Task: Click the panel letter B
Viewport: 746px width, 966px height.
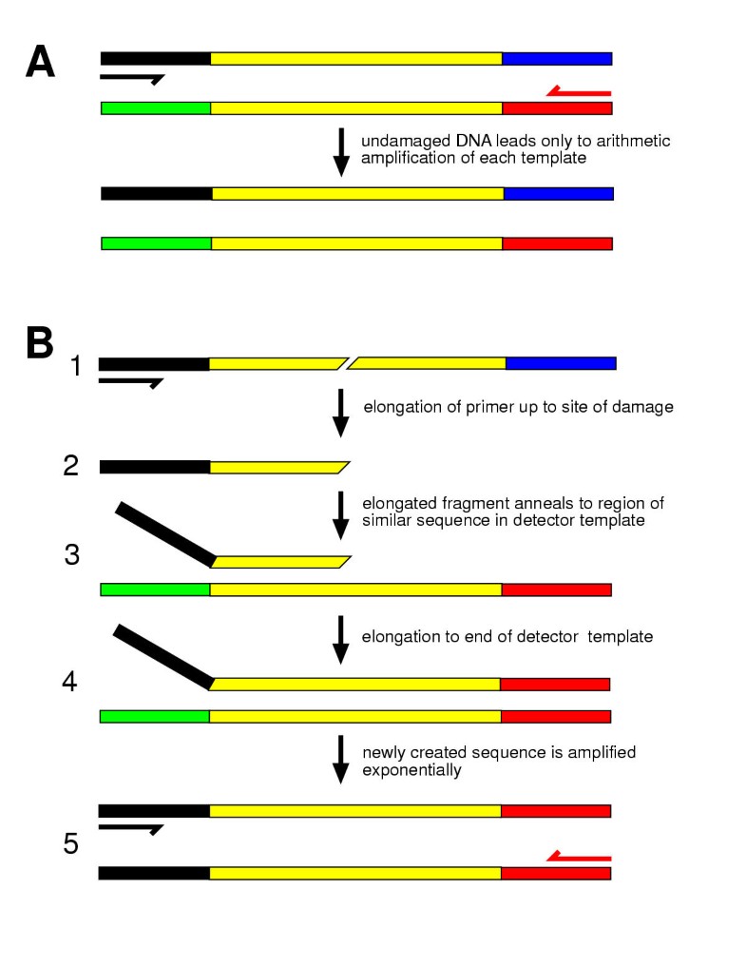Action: (40, 342)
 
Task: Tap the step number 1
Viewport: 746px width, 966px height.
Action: (77, 365)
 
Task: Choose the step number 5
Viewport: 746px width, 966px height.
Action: (72, 843)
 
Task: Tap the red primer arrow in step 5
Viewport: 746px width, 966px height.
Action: (579, 857)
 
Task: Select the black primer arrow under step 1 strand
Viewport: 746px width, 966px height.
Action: (131, 382)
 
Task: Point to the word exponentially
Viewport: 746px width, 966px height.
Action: (411, 770)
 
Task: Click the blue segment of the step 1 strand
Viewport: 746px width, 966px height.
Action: (561, 363)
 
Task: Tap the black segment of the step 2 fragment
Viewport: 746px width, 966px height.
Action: (154, 467)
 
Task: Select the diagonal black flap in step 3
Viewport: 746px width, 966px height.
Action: (165, 533)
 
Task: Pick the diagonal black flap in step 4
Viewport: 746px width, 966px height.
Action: (163, 656)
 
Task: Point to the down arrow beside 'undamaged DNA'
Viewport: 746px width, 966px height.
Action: (341, 153)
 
